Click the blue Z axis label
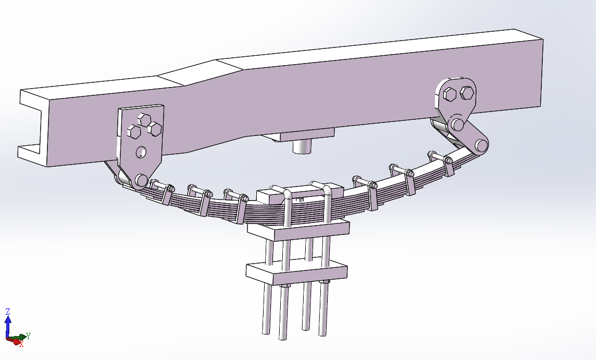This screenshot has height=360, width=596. click(x=8, y=312)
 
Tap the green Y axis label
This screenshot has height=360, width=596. click(x=28, y=336)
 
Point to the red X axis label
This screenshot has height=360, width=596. click(x=22, y=344)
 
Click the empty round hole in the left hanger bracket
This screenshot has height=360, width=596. click(x=141, y=152)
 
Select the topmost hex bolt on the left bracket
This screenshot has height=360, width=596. click(x=144, y=119)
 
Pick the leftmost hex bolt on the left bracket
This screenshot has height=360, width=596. click(x=134, y=131)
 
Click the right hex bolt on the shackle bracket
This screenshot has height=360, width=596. click(x=467, y=92)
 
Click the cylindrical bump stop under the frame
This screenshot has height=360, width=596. click(x=303, y=146)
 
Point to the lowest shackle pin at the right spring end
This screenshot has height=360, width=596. click(x=481, y=145)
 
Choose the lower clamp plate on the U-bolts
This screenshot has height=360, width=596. click(x=296, y=271)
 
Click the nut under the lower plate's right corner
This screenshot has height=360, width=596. click(x=324, y=282)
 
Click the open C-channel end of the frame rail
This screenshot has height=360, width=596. click(x=32, y=127)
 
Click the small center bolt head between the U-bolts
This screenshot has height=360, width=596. click(x=300, y=199)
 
